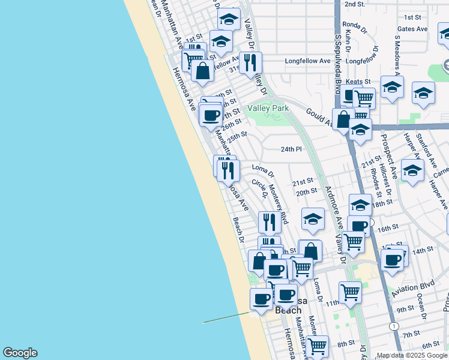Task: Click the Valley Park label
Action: [268, 108]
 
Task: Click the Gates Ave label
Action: [412, 29]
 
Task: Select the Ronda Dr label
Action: [354, 26]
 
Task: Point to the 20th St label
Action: [306, 191]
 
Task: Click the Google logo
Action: [20, 352]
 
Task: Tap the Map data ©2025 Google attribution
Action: [412, 355]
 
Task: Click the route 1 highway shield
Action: [394, 326]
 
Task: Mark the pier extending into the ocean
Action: [226, 317]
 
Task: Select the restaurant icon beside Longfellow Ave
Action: [249, 62]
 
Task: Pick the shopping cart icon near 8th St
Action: [316, 345]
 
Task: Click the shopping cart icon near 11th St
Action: [350, 293]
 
